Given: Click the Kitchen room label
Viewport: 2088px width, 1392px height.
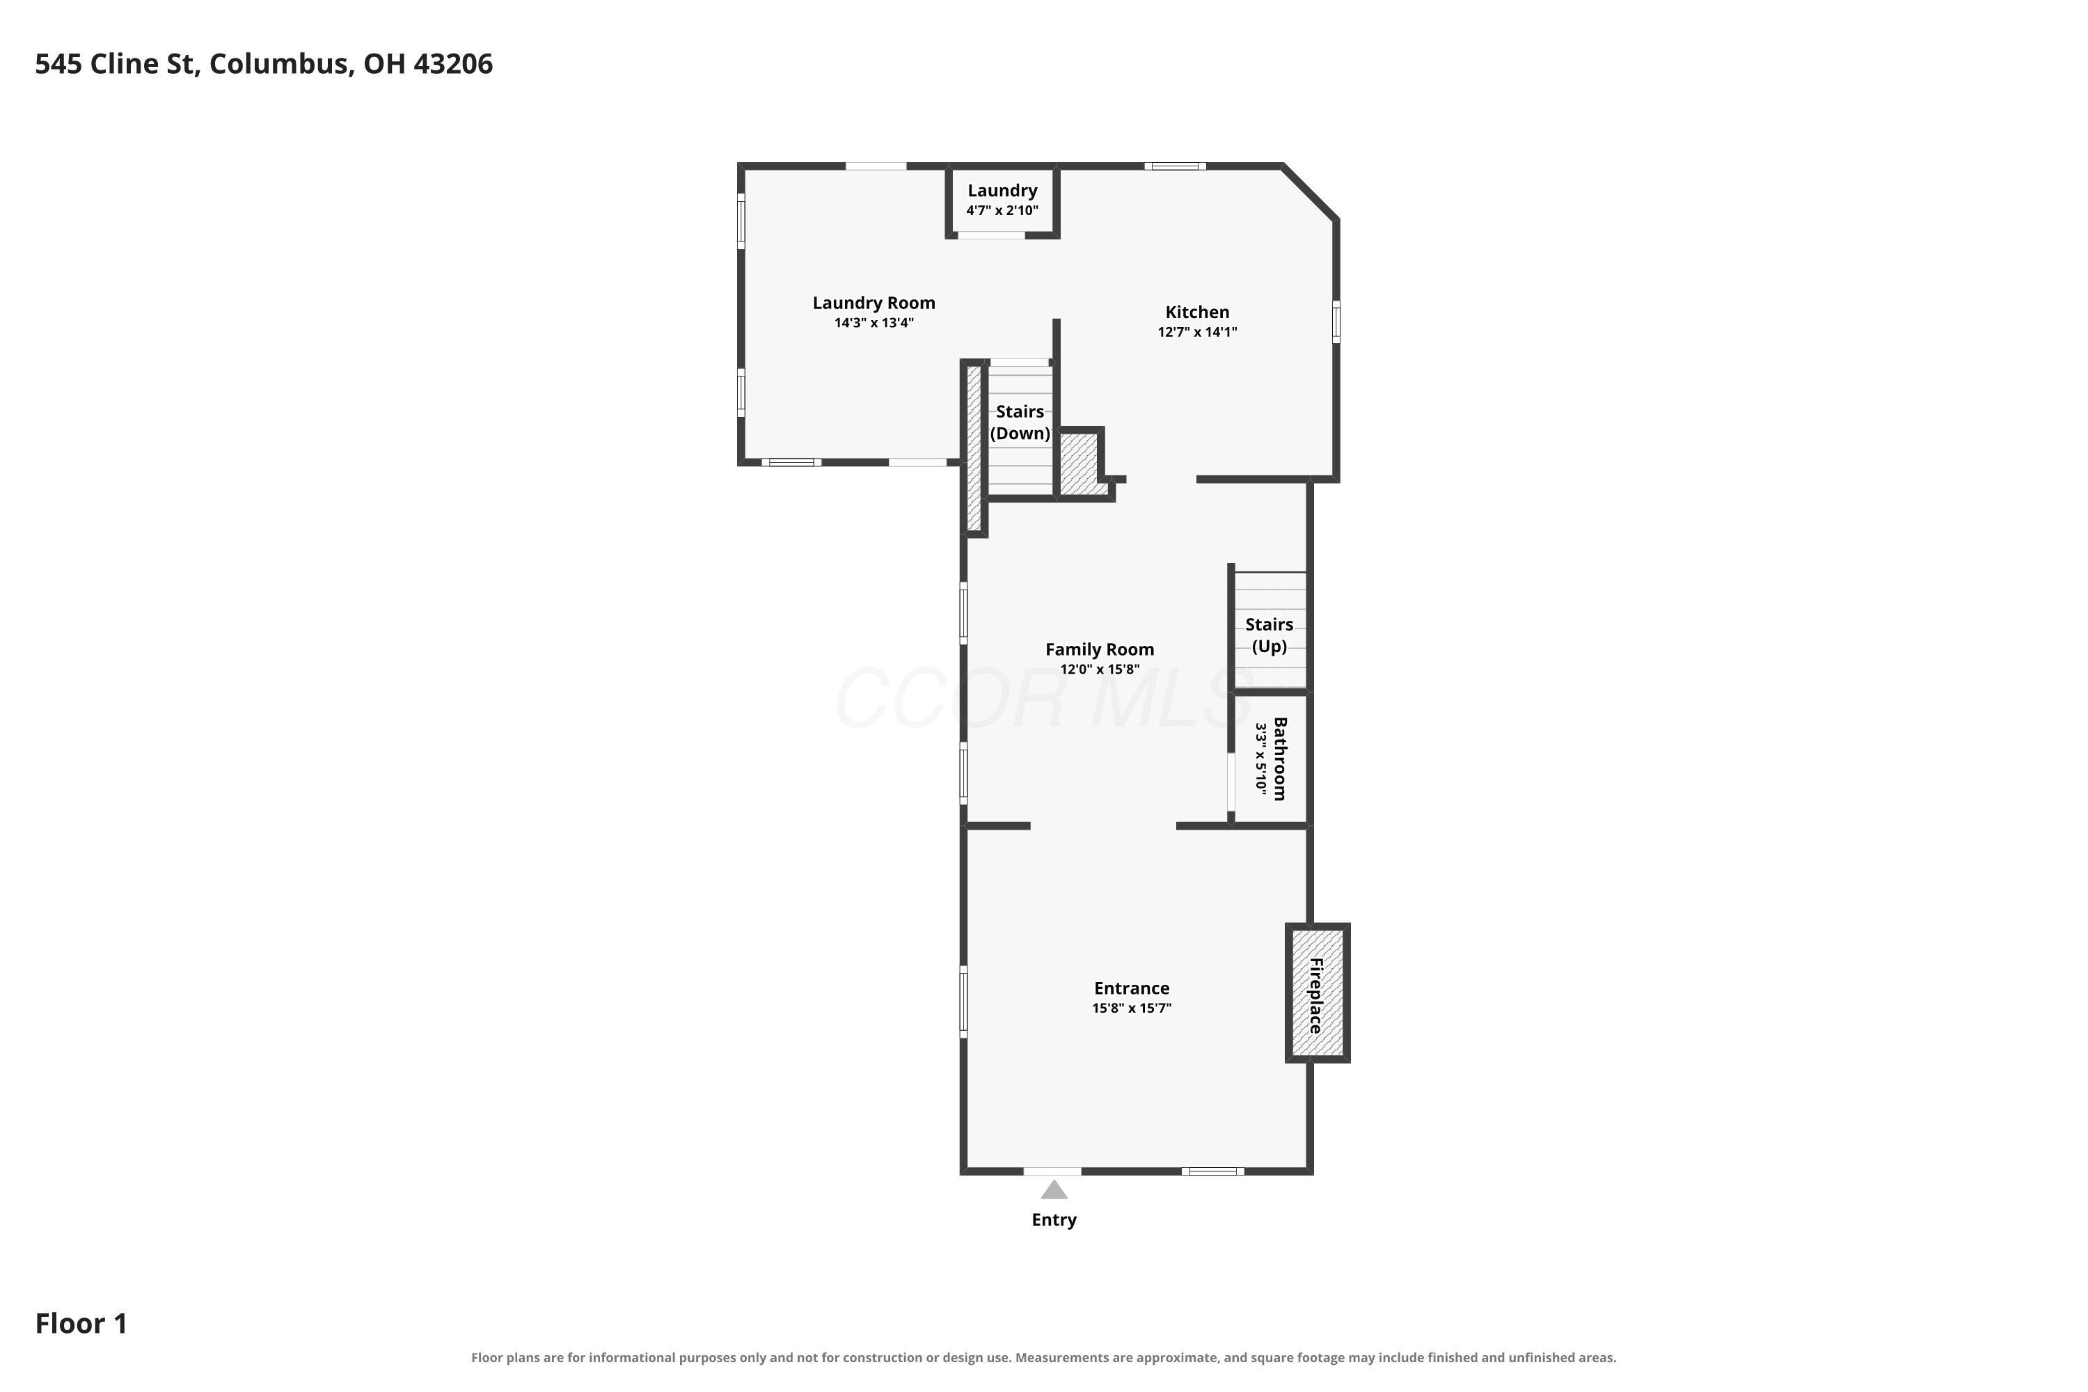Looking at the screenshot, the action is pos(1196,312).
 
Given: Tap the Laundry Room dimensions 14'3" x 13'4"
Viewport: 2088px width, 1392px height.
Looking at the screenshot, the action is pos(873,323).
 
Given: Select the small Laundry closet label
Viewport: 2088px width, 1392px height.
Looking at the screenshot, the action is pos(1002,190).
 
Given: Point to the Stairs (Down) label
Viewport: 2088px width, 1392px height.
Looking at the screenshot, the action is pos(1020,422).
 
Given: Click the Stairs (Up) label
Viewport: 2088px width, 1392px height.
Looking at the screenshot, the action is pos(1270,635).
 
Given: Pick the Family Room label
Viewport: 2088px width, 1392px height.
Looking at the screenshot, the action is pos(1100,649).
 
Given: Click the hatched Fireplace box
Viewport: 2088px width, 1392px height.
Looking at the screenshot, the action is pos(1318,992).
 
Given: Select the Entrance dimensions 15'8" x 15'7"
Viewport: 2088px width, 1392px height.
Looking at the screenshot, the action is pos(1132,1009).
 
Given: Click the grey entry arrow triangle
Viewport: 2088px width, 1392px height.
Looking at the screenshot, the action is pos(1054,1190).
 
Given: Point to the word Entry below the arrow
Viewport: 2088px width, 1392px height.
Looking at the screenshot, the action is pos(1054,1221).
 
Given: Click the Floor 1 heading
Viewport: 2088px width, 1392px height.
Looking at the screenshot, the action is pos(81,1324).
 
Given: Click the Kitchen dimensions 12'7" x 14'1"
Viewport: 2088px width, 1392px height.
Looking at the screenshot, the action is pos(1196,332).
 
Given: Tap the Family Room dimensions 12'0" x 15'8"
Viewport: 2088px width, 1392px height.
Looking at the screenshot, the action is pos(1100,670).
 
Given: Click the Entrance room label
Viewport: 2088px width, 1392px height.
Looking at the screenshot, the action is pos(1132,988).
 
